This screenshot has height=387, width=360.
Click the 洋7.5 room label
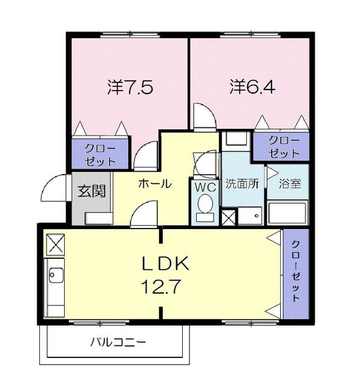pos(129,87)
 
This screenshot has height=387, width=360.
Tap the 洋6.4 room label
pos(252,87)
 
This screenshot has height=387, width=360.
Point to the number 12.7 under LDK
pos(160,285)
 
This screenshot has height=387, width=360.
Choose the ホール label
pos(154,184)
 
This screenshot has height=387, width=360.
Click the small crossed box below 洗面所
pos(229,216)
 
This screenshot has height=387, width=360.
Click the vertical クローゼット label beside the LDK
pos(295,273)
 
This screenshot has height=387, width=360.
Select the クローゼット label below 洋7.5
pos(100,154)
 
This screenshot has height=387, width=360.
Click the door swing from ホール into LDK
pos(144,215)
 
